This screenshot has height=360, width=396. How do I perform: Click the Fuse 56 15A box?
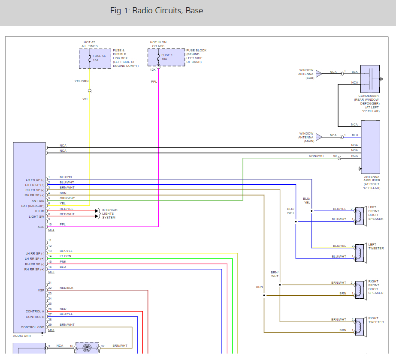tap(95, 58)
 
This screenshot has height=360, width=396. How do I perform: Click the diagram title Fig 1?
tap(157, 11)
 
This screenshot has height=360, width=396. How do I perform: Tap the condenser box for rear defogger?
tap(370, 79)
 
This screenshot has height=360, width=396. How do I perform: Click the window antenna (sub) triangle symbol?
tap(319, 74)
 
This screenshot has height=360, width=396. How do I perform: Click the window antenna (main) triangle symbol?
tap(319, 137)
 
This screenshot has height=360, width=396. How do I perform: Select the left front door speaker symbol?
tap(360, 216)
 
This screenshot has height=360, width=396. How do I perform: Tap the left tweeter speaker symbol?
tap(360, 253)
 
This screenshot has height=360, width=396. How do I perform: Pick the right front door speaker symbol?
tap(360, 290)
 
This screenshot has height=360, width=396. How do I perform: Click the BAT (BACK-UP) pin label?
tap(33, 206)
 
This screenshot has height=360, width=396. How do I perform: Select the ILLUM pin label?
tap(40, 211)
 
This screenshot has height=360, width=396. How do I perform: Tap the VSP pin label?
tap(41, 290)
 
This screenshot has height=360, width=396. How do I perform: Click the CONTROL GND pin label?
tap(32, 327)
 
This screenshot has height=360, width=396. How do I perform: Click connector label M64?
tap(51, 230)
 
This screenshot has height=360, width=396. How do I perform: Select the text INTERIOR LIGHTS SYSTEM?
tap(109, 213)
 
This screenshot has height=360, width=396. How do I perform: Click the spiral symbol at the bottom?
tap(87, 348)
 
